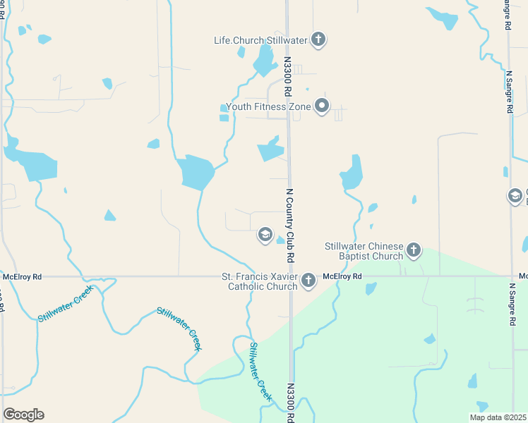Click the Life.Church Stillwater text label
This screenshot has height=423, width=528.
[x=260, y=40]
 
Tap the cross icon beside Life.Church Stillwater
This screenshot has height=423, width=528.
[x=318, y=39]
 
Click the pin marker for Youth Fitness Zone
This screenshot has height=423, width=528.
[x=322, y=106]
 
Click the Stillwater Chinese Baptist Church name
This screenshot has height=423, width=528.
[x=364, y=251]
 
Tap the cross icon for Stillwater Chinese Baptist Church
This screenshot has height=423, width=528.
[x=414, y=250]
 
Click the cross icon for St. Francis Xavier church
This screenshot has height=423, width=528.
[x=308, y=281]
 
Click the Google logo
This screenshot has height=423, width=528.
[x=23, y=415]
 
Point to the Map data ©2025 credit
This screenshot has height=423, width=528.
[x=497, y=417]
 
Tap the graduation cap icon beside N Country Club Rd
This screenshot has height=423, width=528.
[x=265, y=235]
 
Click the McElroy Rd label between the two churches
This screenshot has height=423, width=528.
[x=342, y=276]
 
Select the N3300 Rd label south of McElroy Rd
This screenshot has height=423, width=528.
[x=290, y=403]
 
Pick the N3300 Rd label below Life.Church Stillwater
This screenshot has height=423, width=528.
[x=288, y=78]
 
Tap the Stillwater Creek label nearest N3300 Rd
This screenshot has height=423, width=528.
[x=260, y=372]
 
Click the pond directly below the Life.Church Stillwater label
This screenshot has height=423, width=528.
[x=265, y=62]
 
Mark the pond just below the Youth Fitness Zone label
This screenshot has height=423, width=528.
[x=270, y=150]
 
